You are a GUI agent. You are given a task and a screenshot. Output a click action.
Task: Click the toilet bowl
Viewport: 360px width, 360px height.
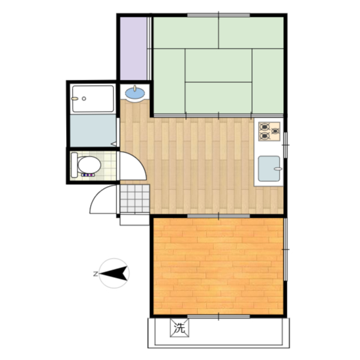[89, 164]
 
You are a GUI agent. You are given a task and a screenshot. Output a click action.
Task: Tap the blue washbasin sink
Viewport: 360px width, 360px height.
[135, 93]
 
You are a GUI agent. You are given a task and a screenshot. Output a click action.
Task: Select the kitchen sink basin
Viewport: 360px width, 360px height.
[269, 169]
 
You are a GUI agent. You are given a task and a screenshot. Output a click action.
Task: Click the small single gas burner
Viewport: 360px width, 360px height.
[275, 131]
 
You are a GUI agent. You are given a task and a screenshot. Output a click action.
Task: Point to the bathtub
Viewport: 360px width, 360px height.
[93, 99]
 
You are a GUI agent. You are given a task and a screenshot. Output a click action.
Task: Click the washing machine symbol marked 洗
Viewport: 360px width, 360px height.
[179, 328]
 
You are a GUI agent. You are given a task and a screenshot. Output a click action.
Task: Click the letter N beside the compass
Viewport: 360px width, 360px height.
[95, 274]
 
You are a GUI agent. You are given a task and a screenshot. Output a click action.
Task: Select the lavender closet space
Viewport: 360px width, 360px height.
[134, 49]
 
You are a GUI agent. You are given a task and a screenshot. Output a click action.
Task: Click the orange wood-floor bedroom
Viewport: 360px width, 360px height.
[218, 266]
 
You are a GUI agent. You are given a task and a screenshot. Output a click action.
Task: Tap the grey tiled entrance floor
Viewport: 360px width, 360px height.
[135, 199]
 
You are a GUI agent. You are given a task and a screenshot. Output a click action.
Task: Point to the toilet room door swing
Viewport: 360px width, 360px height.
[133, 166]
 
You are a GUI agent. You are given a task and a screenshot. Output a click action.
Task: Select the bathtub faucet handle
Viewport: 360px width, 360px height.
[74, 98]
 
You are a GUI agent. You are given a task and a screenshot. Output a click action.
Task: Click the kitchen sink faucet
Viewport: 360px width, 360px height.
[278, 169]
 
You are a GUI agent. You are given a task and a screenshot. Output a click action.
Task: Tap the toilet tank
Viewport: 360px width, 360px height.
[74, 165]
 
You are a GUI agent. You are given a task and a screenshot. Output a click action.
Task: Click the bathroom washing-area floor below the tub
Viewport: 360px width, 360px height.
[93, 130]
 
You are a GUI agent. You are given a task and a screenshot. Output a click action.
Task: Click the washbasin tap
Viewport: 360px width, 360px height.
[135, 88]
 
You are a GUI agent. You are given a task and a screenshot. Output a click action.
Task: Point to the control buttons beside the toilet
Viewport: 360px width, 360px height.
[88, 175]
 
